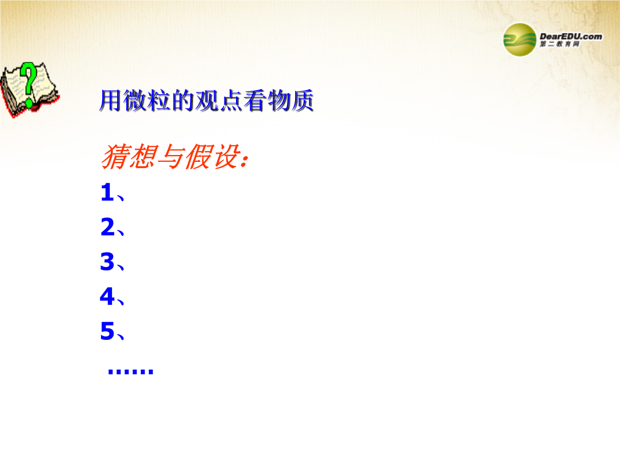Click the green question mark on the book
tap(29, 84)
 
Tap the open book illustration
tap(30, 90)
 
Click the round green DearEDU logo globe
tap(520, 40)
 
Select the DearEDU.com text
tap(571, 36)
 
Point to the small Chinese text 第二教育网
tap(560, 44)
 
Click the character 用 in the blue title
tap(110, 100)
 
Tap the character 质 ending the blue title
tap(303, 100)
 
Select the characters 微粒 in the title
tap(146, 100)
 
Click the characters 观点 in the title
tap(219, 100)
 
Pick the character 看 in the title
tap(255, 100)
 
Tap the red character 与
tap(171, 157)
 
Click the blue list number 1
tap(107, 192)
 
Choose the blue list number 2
tap(107, 227)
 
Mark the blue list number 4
tap(107, 296)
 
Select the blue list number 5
tap(107, 331)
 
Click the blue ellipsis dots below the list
tap(130, 371)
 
